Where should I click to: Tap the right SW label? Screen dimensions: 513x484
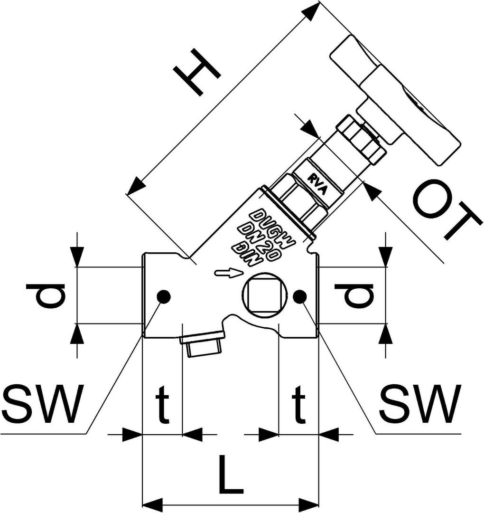(421, 404)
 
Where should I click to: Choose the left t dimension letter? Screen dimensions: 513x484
(163, 404)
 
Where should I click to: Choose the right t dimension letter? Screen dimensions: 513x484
(298, 404)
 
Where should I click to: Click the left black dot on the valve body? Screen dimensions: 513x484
(164, 296)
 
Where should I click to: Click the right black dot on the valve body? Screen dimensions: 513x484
(299, 296)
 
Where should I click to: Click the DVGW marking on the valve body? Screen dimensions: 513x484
(272, 225)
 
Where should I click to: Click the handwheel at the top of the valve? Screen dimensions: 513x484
(394, 102)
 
